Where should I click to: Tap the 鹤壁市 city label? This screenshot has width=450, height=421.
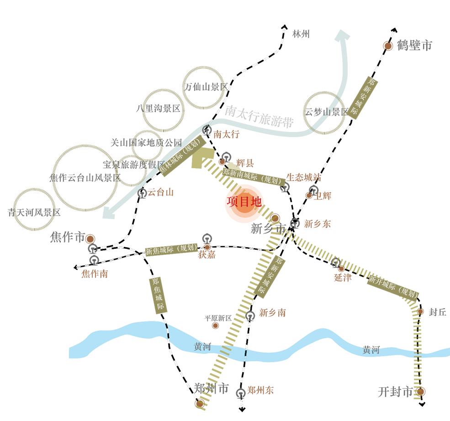pos(414,45)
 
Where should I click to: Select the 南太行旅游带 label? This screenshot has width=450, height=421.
pos(259,116)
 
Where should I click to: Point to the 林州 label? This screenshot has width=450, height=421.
pos(301,34)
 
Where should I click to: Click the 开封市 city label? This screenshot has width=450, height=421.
pos(396,392)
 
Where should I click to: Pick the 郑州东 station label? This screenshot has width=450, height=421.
pos(260,390)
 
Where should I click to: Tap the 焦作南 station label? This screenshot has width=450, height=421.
pos(95,274)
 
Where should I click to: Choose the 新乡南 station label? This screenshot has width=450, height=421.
pos(272,313)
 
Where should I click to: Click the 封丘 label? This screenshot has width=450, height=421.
pos(437,312)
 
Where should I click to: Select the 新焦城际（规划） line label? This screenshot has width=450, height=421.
pos(171,250)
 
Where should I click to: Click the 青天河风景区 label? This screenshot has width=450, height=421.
pos(34,212)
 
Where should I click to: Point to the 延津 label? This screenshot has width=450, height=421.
pos(343,277)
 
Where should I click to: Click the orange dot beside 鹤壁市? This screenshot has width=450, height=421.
pos(388,46)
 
